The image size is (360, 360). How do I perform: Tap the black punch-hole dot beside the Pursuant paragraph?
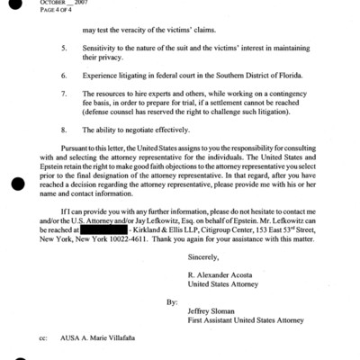pos(15,184)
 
